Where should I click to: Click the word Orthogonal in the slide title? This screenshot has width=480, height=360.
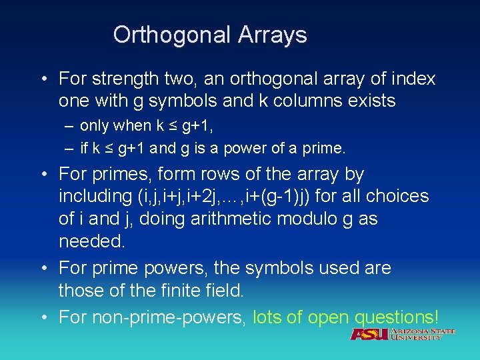pyautogui.click(x=169, y=35)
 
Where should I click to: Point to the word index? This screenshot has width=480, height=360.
pyautogui.click(x=411, y=79)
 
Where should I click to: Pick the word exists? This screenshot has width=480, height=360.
pyautogui.click(x=373, y=101)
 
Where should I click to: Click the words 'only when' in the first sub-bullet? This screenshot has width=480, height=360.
pyautogui.click(x=111, y=125)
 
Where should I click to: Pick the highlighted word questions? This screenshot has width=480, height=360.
pyautogui.click(x=397, y=316)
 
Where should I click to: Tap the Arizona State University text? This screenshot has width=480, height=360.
pyautogui.click(x=423, y=334)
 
